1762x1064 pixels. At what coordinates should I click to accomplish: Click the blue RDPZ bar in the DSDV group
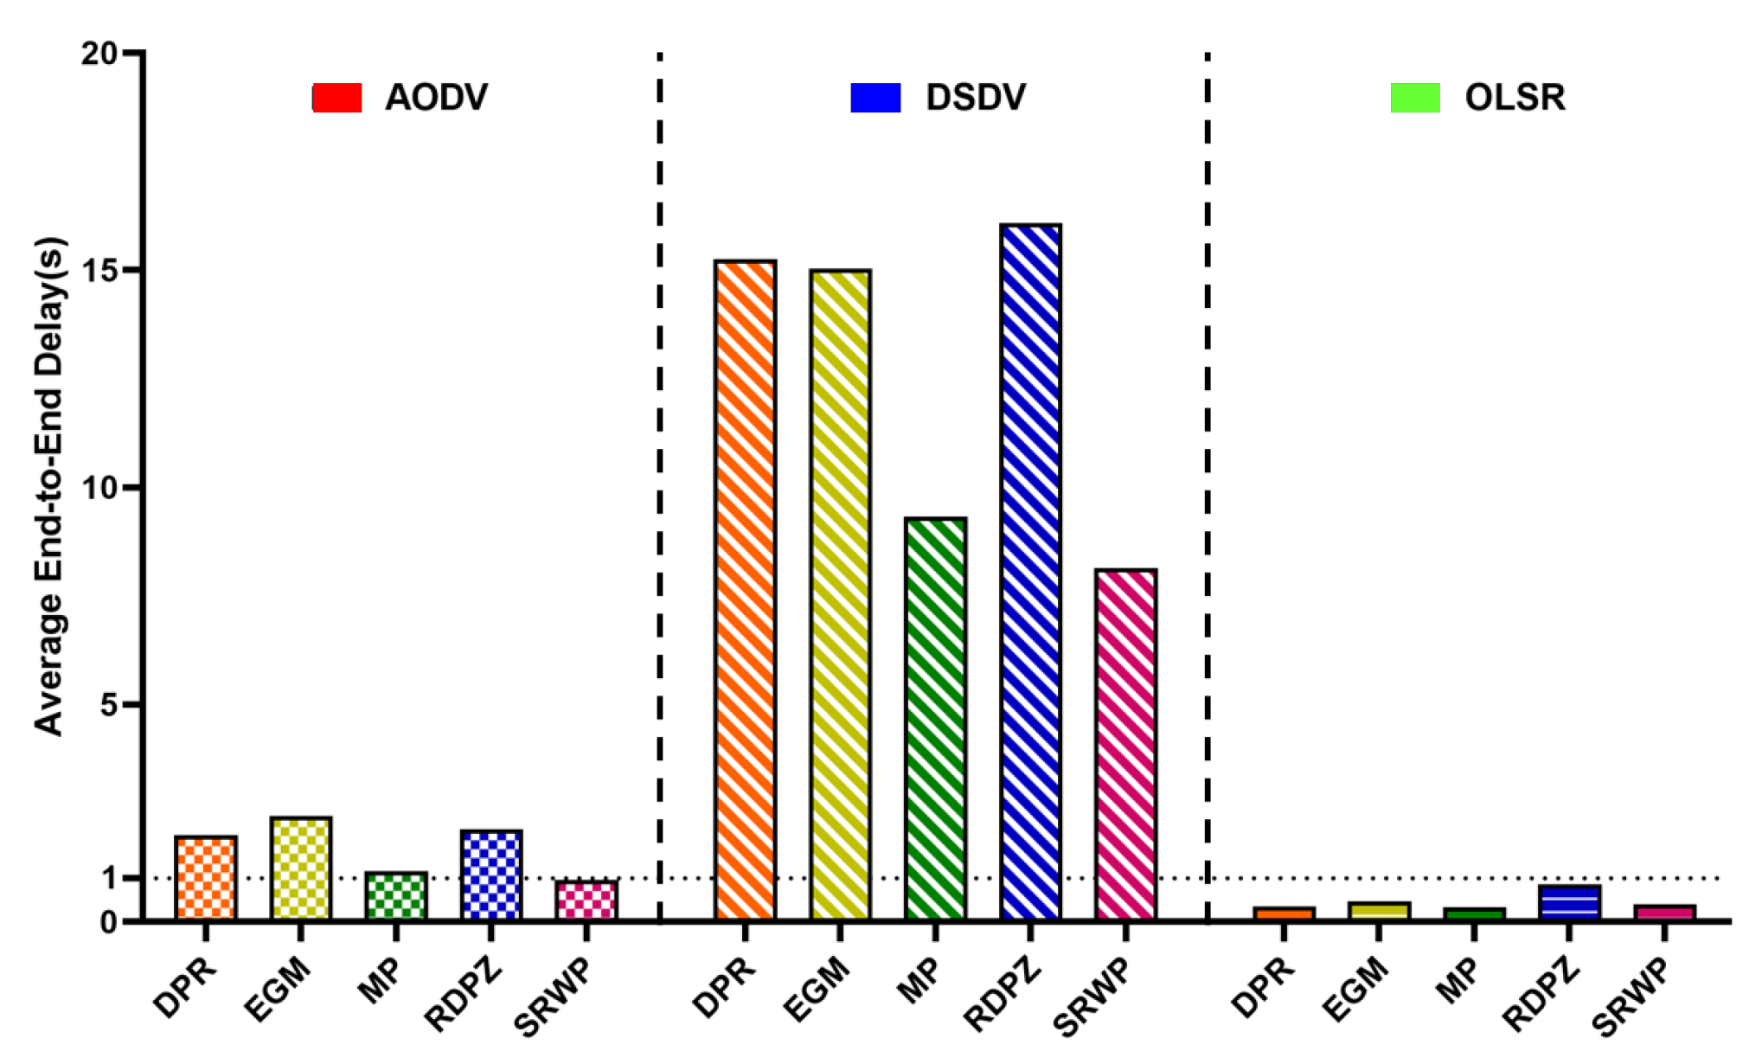[1029, 571]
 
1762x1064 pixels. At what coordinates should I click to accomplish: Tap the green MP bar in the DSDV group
[934, 718]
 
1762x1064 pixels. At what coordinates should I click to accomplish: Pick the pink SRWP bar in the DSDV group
[1124, 744]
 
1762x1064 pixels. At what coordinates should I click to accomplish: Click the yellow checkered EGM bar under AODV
[300, 868]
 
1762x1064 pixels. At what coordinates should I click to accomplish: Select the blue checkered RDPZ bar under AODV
[491, 874]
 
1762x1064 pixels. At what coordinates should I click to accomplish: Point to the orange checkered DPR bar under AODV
[205, 877]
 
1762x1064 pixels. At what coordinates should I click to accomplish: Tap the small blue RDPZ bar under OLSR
[1569, 901]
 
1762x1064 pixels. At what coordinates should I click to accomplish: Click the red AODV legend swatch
[336, 98]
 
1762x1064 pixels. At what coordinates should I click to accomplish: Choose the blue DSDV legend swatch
[875, 98]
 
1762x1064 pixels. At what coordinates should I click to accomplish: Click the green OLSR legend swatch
[1415, 98]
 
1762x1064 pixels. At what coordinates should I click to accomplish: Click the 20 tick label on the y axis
[99, 54]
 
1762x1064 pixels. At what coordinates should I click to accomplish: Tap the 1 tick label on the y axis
[109, 878]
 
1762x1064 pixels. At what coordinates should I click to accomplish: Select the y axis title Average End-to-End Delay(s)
[48, 486]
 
